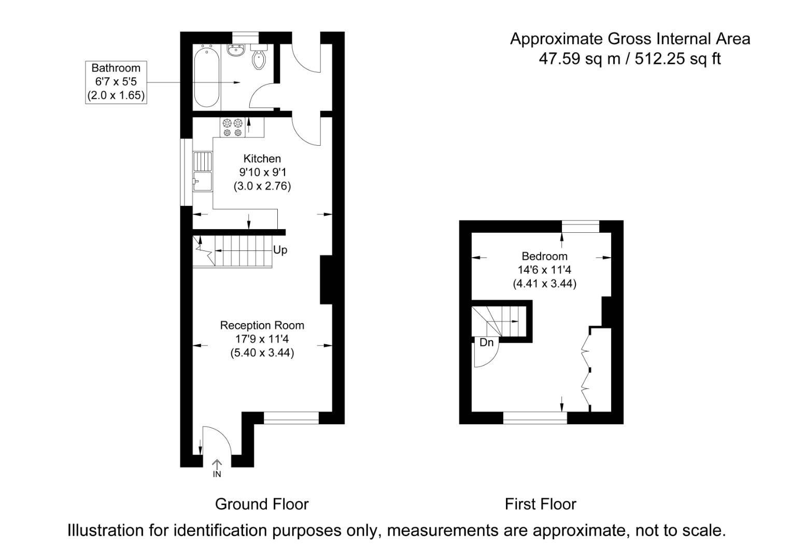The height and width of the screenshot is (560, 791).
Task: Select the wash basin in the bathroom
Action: (236, 51)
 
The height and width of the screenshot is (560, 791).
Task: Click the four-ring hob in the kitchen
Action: (233, 128)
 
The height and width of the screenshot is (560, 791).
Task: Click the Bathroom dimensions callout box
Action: (116, 82)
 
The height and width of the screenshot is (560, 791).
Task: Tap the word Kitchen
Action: (262, 159)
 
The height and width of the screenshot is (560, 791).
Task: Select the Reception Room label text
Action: (262, 326)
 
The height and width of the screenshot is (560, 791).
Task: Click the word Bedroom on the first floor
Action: (544, 256)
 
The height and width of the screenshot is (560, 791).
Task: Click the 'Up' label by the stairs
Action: (280, 250)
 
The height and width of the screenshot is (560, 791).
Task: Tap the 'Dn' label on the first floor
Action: (486, 343)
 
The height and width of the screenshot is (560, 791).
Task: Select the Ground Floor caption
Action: (262, 504)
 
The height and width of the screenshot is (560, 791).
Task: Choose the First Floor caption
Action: (540, 504)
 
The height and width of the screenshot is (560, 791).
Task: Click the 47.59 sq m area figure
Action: (580, 59)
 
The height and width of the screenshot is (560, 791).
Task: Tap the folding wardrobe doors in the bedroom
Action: (586, 369)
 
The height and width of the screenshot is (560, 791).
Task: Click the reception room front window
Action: (291, 417)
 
